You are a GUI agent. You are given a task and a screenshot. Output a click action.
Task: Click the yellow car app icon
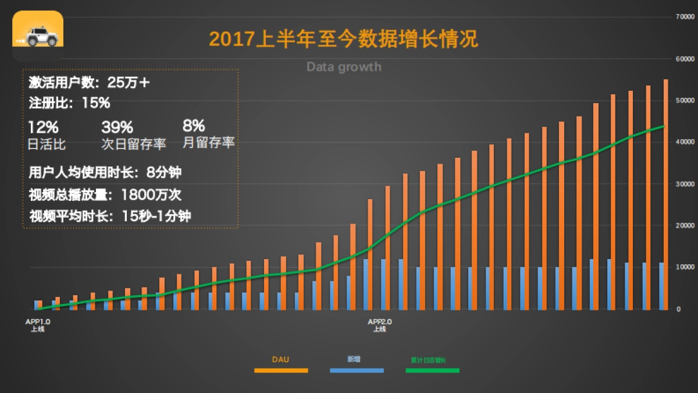(x=38, y=36)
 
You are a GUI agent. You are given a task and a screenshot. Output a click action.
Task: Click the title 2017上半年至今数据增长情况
(x=343, y=39)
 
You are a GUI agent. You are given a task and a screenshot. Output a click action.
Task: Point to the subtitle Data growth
(x=344, y=66)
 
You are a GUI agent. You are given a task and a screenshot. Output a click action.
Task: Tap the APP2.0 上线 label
(x=379, y=325)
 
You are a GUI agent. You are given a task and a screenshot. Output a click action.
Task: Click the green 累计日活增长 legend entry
(x=432, y=360)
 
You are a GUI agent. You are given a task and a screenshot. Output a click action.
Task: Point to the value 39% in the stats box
(x=117, y=126)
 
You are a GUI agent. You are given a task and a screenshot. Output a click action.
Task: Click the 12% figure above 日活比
(x=43, y=126)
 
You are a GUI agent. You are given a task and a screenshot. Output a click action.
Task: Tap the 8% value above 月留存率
(x=193, y=126)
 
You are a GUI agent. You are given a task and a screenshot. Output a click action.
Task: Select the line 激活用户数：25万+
(x=90, y=83)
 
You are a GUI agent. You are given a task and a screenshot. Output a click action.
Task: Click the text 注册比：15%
(x=69, y=104)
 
